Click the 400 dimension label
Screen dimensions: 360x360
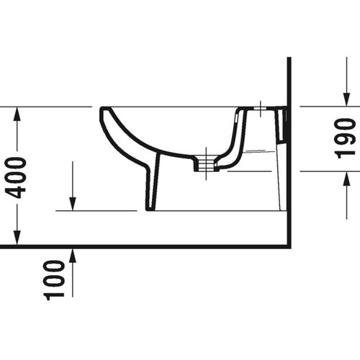19,176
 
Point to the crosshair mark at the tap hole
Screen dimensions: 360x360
258,110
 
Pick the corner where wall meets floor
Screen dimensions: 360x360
289,246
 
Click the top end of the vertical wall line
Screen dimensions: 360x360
289,60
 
